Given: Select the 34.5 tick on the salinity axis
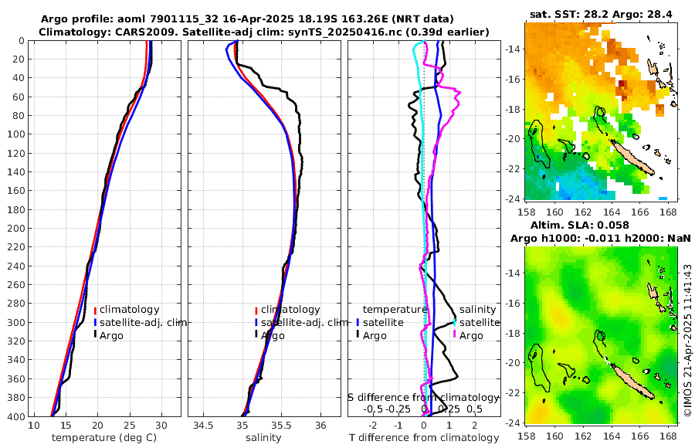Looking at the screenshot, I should pyautogui.click(x=203, y=426).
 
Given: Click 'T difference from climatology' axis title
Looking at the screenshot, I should pyautogui.click(x=424, y=438).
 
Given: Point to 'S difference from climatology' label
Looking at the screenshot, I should pyautogui.click(x=424, y=397).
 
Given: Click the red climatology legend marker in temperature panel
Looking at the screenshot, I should pyautogui.click(x=95, y=311).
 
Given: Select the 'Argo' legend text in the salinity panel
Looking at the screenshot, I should pyautogui.click(x=273, y=335).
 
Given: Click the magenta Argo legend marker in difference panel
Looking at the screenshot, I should pyautogui.click(x=455, y=335).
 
